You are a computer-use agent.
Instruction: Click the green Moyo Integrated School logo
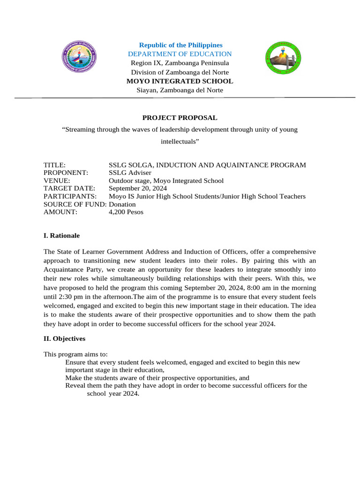284,59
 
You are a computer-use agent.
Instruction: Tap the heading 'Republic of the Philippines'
180,45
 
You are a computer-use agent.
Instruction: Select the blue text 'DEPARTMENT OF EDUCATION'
180,54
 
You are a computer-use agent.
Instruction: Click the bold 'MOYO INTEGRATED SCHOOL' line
180,81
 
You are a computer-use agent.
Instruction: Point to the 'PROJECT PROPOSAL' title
180,118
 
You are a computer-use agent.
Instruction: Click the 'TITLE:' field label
54,165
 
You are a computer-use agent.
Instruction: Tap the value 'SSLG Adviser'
130,173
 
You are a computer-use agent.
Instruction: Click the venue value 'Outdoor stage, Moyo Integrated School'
166,180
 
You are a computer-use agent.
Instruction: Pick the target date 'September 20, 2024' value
138,188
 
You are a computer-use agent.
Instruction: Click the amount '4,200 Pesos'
126,212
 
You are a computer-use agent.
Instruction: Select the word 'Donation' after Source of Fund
122,204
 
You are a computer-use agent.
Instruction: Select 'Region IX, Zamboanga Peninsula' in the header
180,63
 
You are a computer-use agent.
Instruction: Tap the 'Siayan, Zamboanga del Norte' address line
180,90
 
